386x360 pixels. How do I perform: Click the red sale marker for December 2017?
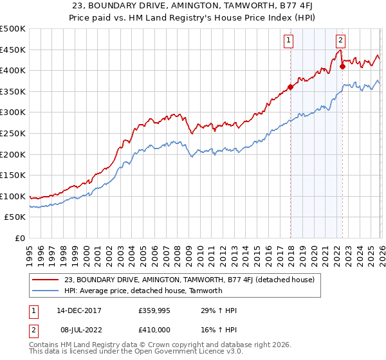point(290,87)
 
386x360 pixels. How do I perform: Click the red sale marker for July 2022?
point(342,66)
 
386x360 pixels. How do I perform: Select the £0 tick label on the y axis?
point(20,238)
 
